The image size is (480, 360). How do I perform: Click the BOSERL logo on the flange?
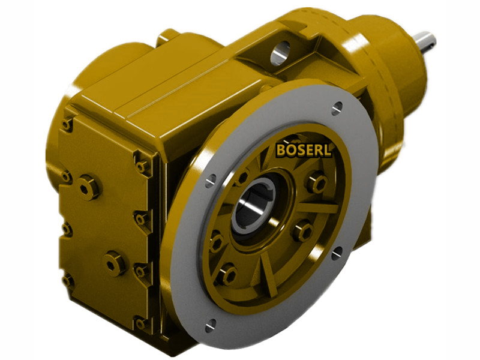click(x=304, y=149)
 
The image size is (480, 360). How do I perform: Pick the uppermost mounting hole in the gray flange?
click(x=337, y=109)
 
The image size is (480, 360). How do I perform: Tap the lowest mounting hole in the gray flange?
click(x=210, y=326)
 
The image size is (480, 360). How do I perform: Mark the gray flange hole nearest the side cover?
click(x=211, y=181)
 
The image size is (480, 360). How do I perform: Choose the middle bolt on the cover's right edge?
click(x=141, y=219)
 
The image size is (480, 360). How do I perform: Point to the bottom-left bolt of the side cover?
click(x=68, y=280)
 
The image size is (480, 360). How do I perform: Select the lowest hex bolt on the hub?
click(x=226, y=275)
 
